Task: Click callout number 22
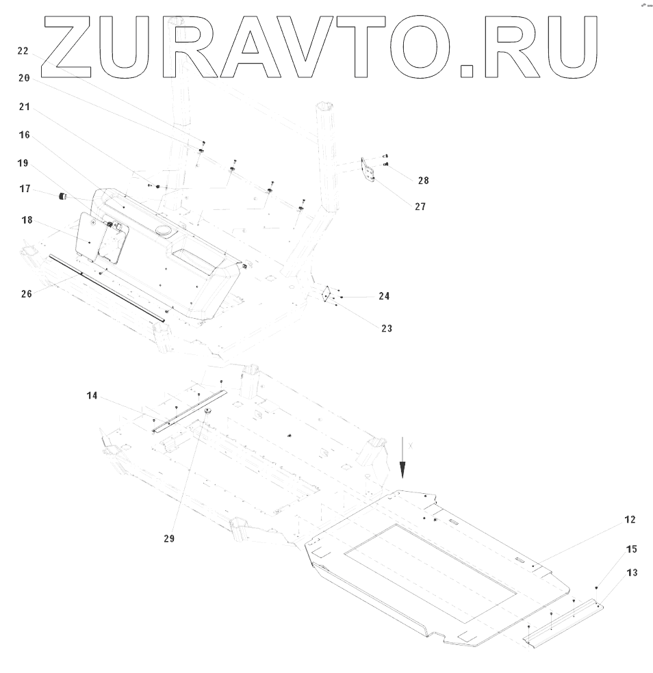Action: [23, 51]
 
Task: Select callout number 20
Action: [24, 79]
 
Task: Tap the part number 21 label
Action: [24, 107]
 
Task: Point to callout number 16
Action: [24, 135]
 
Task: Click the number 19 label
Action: [23, 163]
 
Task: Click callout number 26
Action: [27, 295]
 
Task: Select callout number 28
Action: [423, 181]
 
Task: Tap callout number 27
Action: [419, 206]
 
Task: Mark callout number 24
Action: [384, 296]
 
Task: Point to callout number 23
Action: [387, 328]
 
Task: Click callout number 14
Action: [92, 395]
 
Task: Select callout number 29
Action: [169, 538]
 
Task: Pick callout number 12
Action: [629, 520]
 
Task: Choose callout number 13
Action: [632, 572]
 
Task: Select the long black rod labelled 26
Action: [106, 287]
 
